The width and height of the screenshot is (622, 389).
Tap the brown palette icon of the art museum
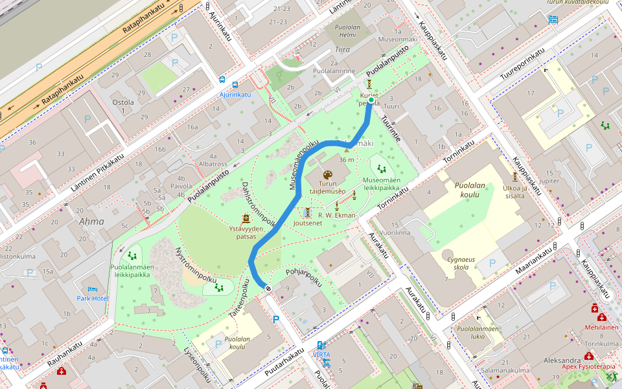point(327,176)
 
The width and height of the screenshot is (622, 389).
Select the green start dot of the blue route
point(370,100)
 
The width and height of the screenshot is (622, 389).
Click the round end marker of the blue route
point(268,288)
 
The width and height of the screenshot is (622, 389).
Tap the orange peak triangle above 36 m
point(346,152)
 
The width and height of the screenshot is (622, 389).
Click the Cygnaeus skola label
point(461,263)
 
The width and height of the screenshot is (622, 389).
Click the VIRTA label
point(321,355)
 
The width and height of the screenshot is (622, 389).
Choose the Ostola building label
point(123,107)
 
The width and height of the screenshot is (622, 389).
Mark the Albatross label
point(195,164)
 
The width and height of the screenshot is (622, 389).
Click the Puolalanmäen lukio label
point(478,332)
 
